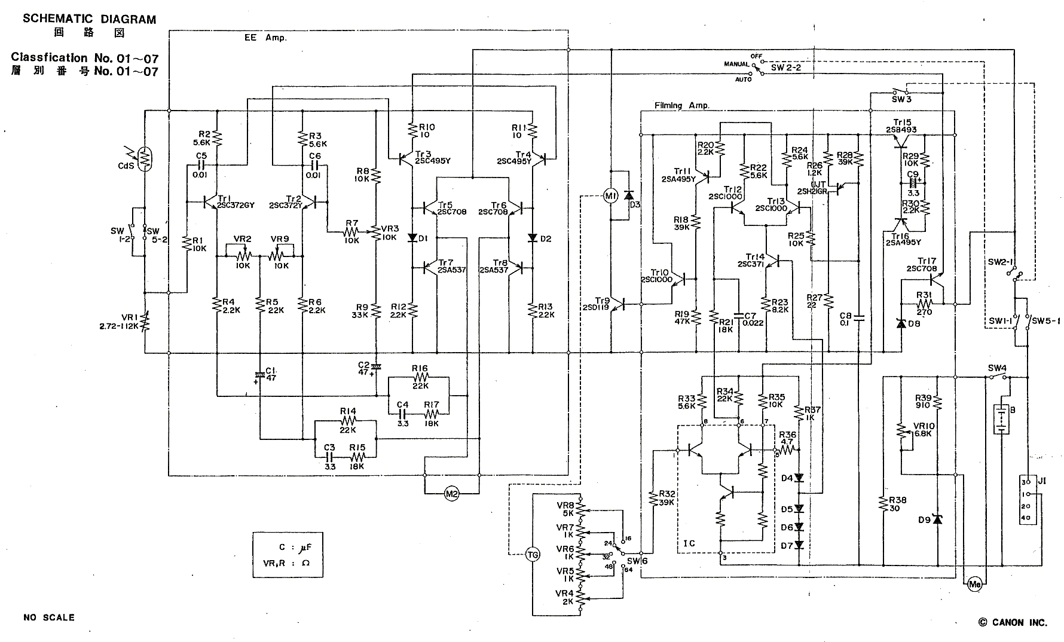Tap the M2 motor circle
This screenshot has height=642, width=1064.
tap(452, 493)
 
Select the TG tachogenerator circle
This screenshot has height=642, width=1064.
tap(532, 554)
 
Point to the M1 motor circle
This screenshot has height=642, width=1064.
tap(610, 197)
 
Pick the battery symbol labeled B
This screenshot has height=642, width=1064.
tap(999, 419)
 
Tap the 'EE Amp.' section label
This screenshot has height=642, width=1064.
tap(265, 38)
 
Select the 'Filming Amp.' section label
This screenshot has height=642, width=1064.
tap(681, 106)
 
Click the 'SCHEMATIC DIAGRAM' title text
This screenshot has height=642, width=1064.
tap(89, 19)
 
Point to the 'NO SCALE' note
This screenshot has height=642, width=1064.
tap(49, 617)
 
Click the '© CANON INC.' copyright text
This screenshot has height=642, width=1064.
tap(1012, 622)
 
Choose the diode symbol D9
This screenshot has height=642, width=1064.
tap(937, 519)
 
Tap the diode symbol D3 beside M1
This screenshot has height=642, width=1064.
tap(628, 195)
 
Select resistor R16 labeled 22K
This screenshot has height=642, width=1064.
tap(420, 377)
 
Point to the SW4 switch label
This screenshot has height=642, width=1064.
tap(997, 368)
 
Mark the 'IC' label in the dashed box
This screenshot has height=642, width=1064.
tap(689, 544)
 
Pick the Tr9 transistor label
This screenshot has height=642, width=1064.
tap(603, 300)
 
